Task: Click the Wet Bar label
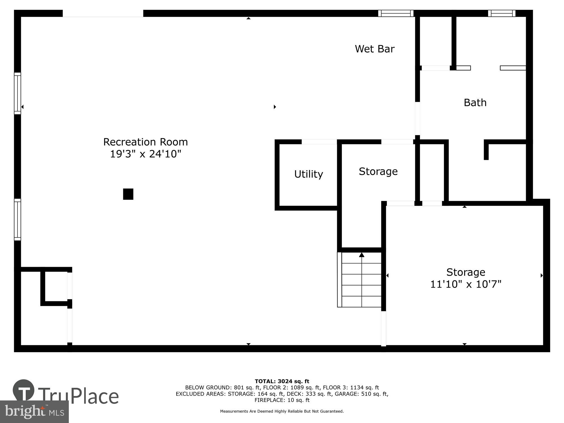374,49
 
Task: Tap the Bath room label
475,102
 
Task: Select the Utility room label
309,174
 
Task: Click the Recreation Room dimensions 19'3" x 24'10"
145,154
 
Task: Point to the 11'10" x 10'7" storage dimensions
466,284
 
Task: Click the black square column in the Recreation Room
128,194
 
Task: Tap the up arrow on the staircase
362,255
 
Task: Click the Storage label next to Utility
378,171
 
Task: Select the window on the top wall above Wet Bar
396,13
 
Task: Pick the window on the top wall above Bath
502,13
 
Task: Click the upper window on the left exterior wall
17,93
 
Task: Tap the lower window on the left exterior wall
17,220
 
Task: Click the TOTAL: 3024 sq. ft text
282,382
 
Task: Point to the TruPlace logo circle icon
24,390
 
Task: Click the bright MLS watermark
34,412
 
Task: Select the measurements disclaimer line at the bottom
282,411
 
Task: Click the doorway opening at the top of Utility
319,142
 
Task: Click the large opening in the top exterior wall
103,13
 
